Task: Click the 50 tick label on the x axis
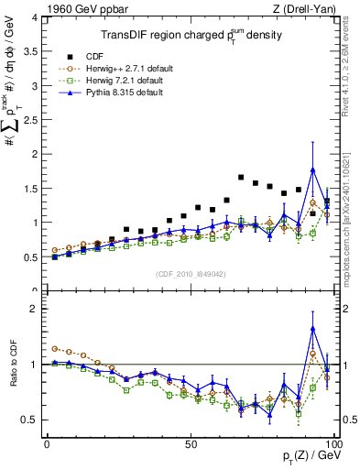(190, 442)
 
